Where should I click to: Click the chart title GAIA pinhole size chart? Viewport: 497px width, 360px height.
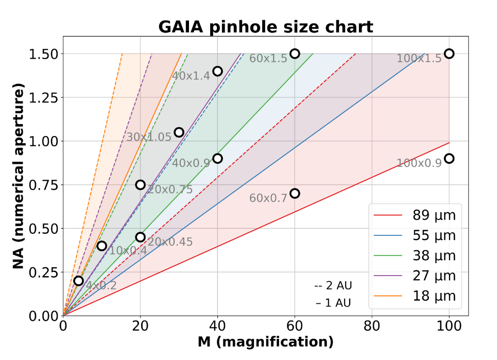[265, 26]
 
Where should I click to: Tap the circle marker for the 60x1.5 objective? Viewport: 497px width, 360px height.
[295, 54]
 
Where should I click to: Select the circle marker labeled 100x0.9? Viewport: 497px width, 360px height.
[449, 159]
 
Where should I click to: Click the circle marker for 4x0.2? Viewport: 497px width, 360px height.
[78, 281]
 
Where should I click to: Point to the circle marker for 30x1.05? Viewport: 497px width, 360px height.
[179, 132]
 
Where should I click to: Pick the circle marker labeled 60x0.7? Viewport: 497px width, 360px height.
[295, 194]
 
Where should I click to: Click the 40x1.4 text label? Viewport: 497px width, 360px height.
[191, 76]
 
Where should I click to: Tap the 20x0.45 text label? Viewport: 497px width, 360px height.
[170, 242]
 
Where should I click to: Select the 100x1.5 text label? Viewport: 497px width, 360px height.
[419, 58]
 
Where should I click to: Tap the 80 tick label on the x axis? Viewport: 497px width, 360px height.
[372, 326]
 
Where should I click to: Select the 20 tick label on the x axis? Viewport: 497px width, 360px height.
[140, 326]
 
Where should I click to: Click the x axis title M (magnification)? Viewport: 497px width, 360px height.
[265, 342]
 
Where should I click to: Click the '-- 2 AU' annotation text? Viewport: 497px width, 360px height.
[333, 285]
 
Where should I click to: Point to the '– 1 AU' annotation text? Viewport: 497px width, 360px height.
[333, 303]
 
